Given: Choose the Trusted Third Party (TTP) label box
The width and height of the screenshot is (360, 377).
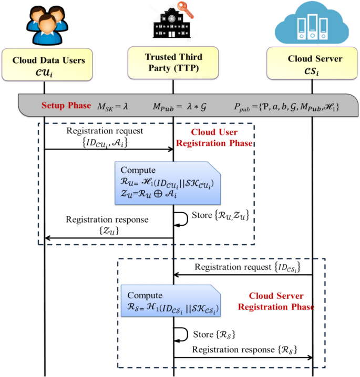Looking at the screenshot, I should point(173,64).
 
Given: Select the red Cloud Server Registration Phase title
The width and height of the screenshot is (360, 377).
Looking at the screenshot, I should point(276,301).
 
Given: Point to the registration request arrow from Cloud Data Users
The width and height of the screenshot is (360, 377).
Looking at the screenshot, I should point(109,149).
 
